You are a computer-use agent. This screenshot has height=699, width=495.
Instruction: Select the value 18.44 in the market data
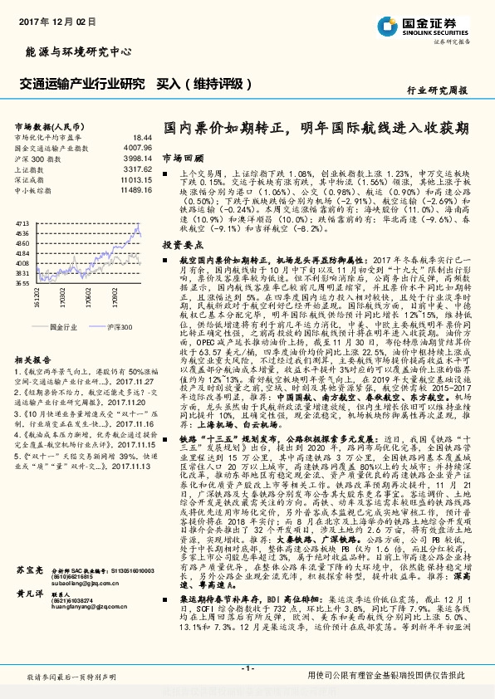click(x=143, y=135)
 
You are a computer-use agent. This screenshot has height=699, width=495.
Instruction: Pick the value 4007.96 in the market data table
click(x=138, y=146)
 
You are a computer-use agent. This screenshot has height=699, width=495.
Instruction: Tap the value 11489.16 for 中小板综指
click(x=136, y=189)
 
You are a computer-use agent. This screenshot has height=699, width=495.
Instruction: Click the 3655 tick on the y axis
click(x=22, y=282)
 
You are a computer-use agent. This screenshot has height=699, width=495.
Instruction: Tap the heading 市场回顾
click(x=182, y=156)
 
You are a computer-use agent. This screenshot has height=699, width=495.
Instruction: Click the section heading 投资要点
click(x=182, y=245)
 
